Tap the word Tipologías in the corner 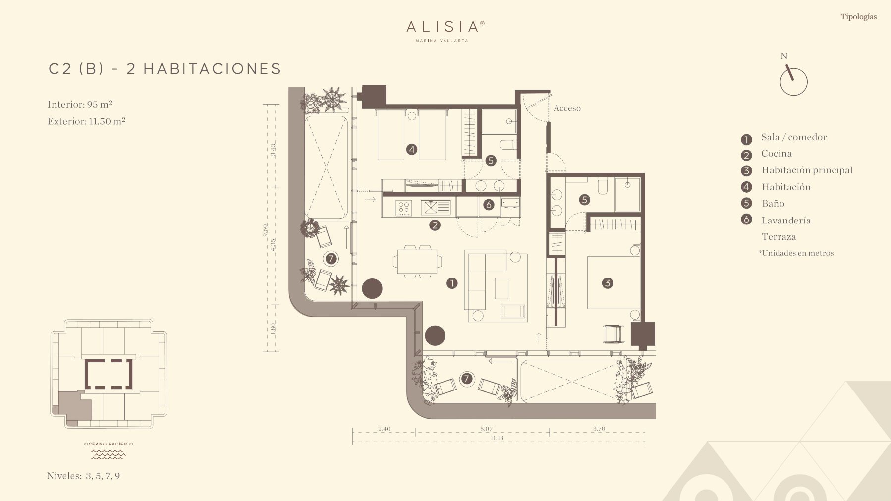pos(858,17)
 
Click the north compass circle pos(793,82)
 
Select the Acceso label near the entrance pos(567,108)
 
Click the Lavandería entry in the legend pos(786,221)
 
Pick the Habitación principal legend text pos(807,170)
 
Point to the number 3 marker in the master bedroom pos(607,283)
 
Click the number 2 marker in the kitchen pos(435,225)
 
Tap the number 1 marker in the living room pos(451,283)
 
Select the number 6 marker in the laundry pos(488,205)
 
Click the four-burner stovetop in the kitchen pos(403,207)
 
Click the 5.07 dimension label pos(486,429)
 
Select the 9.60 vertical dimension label pos(265,230)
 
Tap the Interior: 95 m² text pos(80,104)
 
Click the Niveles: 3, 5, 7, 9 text pos(83,476)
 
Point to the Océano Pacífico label pos(109,444)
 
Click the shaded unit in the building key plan pos(74,407)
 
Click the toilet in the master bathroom pos(603,186)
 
